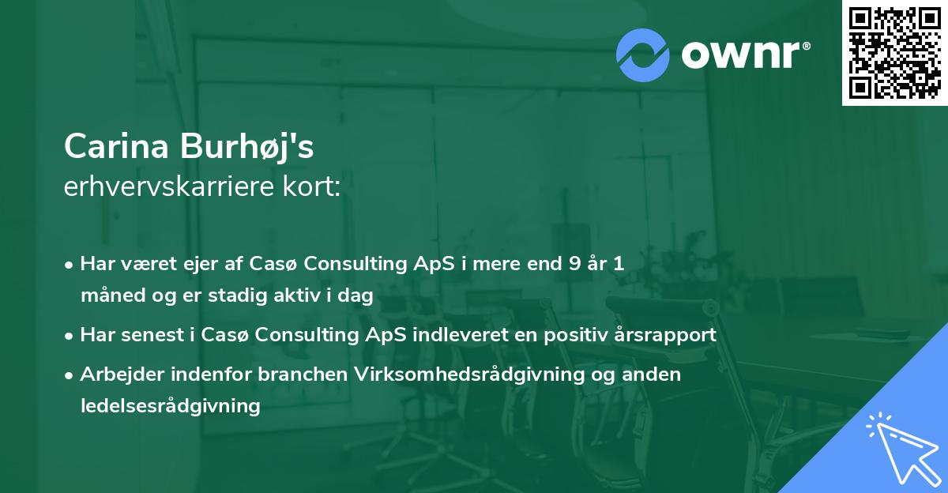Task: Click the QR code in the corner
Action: click(x=894, y=53)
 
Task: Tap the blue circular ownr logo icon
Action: click(x=643, y=55)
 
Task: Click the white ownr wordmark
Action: click(x=745, y=55)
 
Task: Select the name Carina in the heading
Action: click(x=116, y=146)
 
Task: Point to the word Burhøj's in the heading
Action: click(x=247, y=147)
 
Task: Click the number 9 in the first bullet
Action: click(x=575, y=263)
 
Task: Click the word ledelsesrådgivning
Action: click(x=171, y=406)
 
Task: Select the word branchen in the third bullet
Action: click(x=303, y=374)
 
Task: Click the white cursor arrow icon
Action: click(x=904, y=448)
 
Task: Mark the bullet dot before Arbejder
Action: click(x=69, y=375)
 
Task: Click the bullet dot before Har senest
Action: click(x=69, y=336)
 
